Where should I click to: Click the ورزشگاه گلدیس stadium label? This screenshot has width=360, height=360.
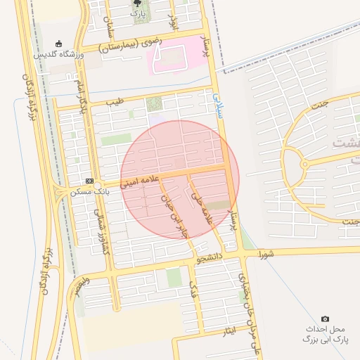(x=60, y=54)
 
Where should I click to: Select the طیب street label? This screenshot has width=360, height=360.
(x=115, y=102)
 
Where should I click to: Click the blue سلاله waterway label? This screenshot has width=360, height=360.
(x=217, y=104)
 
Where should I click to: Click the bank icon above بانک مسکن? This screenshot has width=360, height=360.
(x=89, y=181)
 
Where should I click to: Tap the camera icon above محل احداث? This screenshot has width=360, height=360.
(x=324, y=319)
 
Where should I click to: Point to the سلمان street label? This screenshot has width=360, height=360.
(x=109, y=28)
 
